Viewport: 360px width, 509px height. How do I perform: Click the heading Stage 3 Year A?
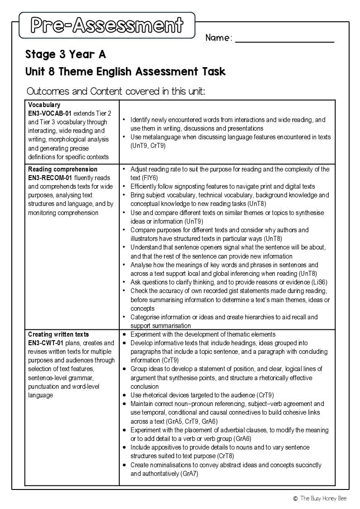[66, 55]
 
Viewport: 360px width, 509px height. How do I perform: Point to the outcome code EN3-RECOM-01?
[50, 178]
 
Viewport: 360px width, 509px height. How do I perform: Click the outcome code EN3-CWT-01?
[46, 343]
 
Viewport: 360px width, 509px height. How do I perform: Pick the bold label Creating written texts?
[58, 334]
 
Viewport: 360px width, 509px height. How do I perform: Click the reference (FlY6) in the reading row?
[150, 178]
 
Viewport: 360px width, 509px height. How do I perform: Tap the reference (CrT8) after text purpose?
[225, 456]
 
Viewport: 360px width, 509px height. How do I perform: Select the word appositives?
[170, 447]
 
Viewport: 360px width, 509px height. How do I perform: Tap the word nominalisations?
[174, 465]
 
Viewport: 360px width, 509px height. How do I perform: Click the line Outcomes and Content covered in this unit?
[116, 91]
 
